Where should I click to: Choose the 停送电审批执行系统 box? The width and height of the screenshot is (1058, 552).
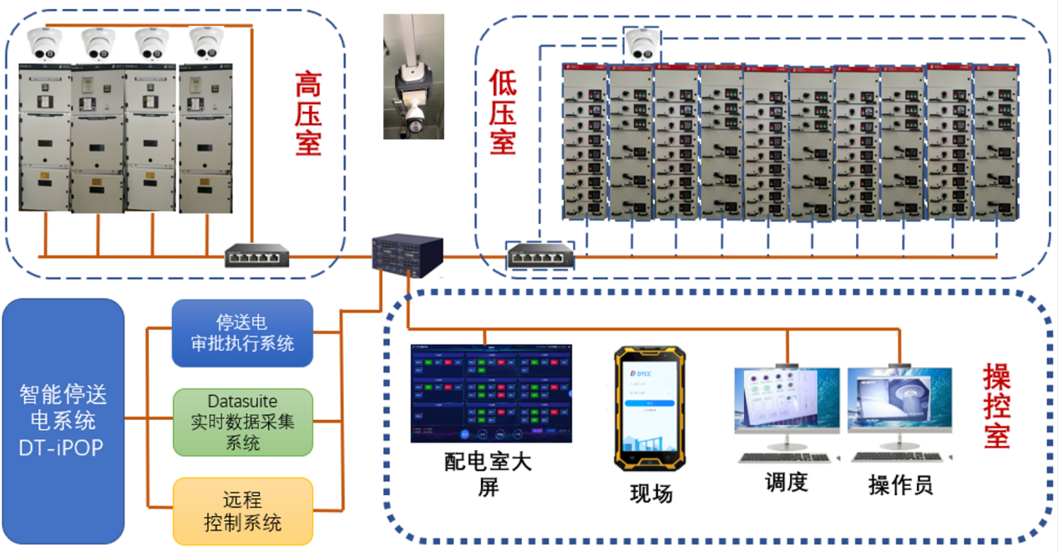pos(242,333)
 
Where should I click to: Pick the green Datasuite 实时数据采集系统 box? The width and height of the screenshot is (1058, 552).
pos(242,421)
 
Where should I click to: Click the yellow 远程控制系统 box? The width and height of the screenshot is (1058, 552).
pos(242,511)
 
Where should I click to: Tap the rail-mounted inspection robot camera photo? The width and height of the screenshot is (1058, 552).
pos(413,77)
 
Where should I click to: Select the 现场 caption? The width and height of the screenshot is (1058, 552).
pos(650,494)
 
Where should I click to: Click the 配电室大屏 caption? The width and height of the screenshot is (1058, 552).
pos(489,474)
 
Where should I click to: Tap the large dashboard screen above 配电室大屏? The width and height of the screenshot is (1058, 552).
pos(491,392)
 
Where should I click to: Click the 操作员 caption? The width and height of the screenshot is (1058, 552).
pos(900,484)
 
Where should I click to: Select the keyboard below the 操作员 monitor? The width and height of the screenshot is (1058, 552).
pos(900,458)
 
